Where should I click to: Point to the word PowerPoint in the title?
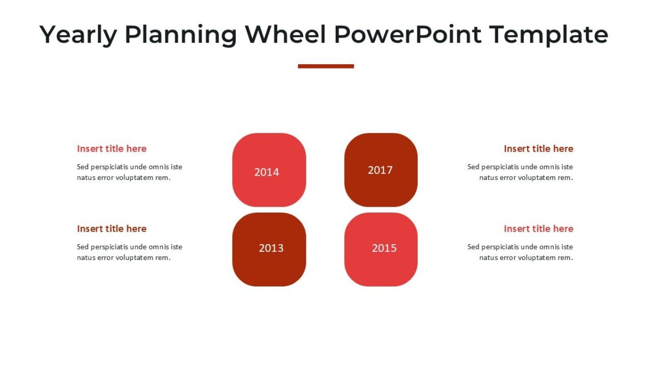[x=407, y=35]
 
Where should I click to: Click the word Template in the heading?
[x=548, y=35]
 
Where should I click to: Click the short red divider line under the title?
[x=325, y=66]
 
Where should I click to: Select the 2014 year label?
[x=266, y=172]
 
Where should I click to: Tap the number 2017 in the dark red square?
[x=380, y=170]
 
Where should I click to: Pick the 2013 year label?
[x=271, y=248]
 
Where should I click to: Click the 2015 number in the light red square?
[x=384, y=248]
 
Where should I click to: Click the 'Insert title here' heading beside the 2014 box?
[x=111, y=148]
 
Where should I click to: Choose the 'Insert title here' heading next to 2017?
[x=538, y=148]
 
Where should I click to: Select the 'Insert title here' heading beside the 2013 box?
[x=111, y=228]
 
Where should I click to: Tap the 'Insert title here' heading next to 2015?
[x=538, y=228]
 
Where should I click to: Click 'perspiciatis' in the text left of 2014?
[x=109, y=167]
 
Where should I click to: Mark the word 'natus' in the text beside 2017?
[x=488, y=178]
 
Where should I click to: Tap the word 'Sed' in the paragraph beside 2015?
[x=473, y=247]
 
